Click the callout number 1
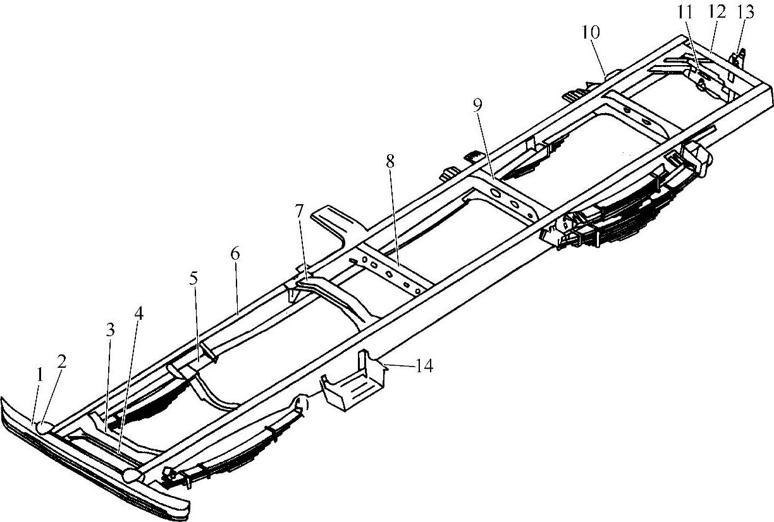coord(39,375)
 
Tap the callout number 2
coord(61,361)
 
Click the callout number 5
coord(193,277)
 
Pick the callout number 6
coord(235,254)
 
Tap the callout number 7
coord(298,210)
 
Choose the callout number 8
coord(390,161)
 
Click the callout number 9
coord(477,105)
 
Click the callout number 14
coord(424,365)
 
